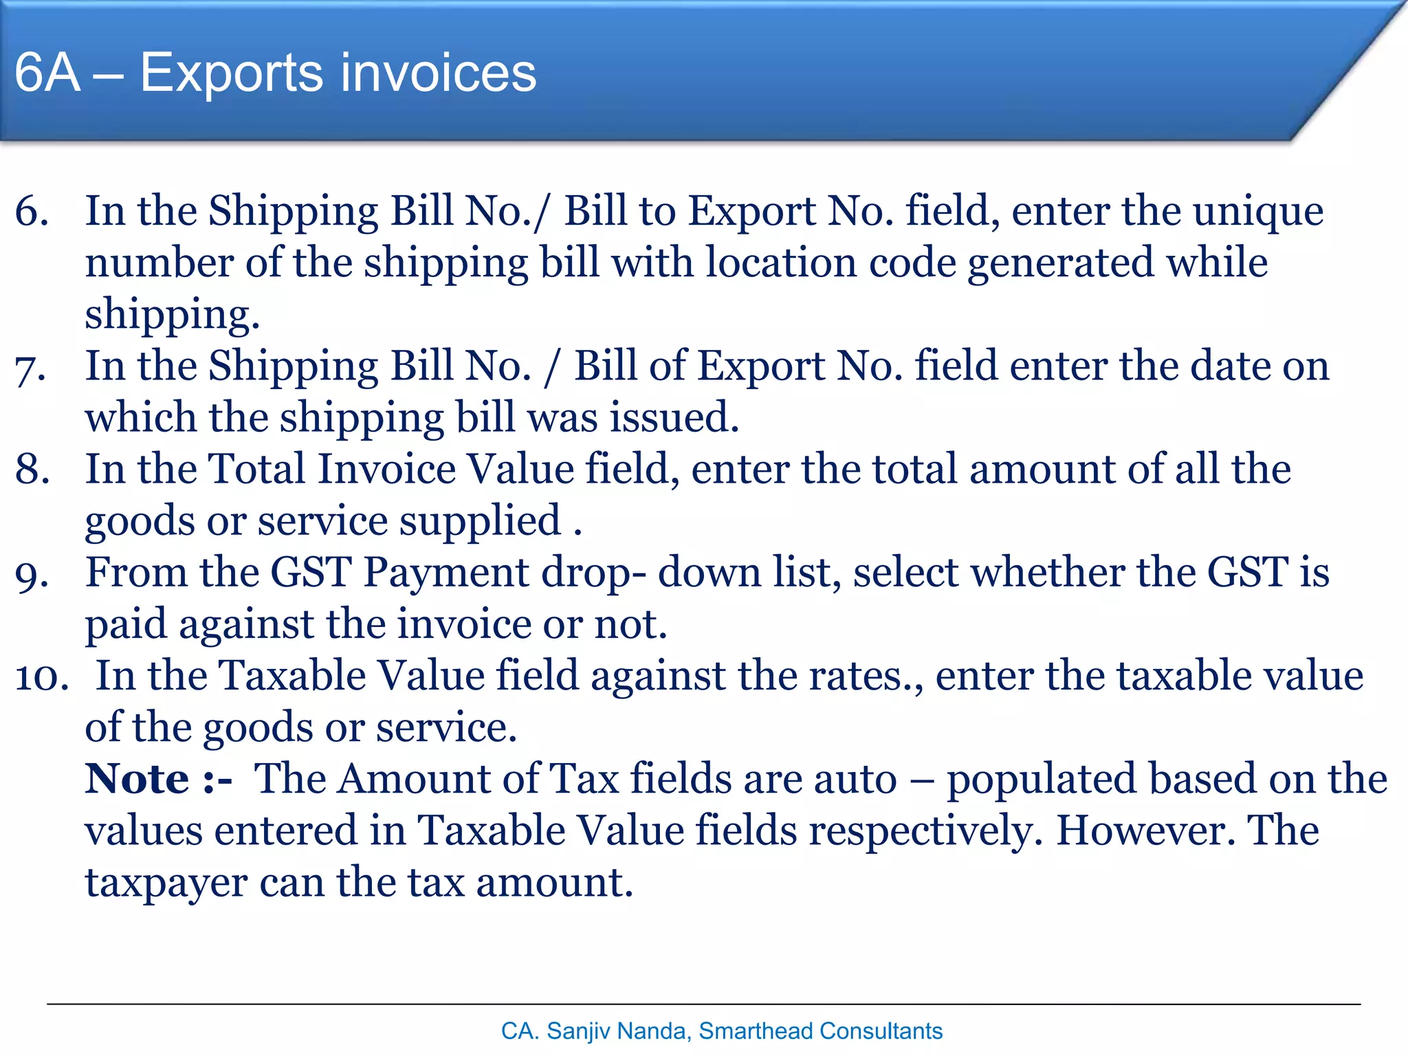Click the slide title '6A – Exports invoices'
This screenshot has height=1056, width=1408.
tap(275, 73)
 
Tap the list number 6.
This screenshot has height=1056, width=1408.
tap(32, 211)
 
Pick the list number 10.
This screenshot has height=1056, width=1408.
tap(41, 676)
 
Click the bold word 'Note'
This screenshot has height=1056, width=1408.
tap(137, 779)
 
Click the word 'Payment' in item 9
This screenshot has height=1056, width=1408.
tap(447, 573)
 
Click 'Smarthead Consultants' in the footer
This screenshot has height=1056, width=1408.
tap(820, 1031)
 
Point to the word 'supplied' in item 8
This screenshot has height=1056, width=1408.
tap(480, 522)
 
